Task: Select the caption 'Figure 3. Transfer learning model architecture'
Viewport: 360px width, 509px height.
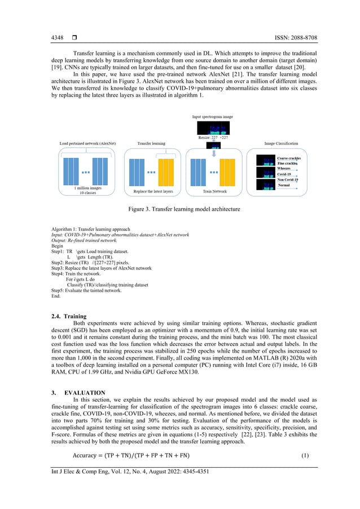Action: point(180,209)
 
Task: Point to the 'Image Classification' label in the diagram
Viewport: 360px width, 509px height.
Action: point(276,143)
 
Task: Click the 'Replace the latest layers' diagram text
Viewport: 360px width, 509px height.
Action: point(153,192)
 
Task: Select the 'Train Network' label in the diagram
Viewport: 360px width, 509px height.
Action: point(214,192)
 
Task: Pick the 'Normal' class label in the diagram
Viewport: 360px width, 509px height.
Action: point(284,185)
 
